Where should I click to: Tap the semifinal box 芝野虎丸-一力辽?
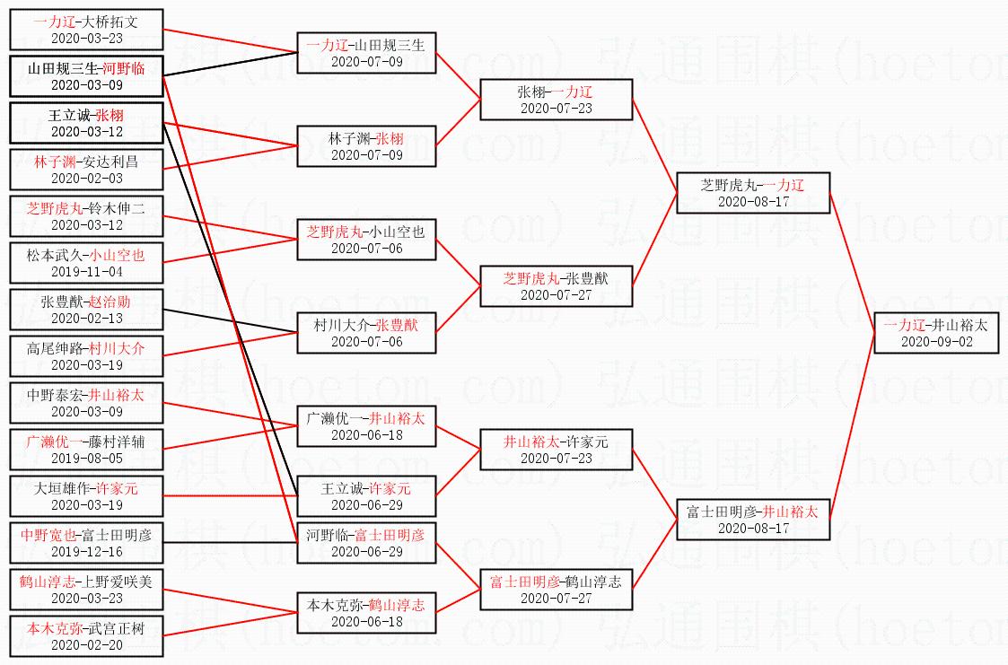pyautogui.click(x=753, y=192)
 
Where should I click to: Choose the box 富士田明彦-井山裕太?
pyautogui.click(x=753, y=519)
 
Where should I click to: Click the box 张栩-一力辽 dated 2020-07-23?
pyautogui.click(x=557, y=99)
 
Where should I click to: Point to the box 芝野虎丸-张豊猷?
pyautogui.click(x=557, y=285)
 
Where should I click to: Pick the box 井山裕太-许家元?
pyautogui.click(x=557, y=449)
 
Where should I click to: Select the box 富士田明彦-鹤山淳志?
pyautogui.click(x=557, y=589)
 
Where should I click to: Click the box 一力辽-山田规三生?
pyautogui.click(x=366, y=52)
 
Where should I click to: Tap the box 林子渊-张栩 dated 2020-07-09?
pyautogui.click(x=366, y=145)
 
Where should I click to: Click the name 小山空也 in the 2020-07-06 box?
pyautogui.click(x=397, y=232)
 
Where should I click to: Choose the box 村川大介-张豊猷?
pyautogui.click(x=366, y=332)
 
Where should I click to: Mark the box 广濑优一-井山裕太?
pyautogui.click(x=366, y=425)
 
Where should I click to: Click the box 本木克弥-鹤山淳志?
pyautogui.click(x=366, y=612)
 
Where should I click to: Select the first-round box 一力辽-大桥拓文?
pyautogui.click(x=86, y=29)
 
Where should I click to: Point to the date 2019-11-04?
pyautogui.click(x=86, y=272)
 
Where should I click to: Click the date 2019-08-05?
pyautogui.click(x=86, y=459)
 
